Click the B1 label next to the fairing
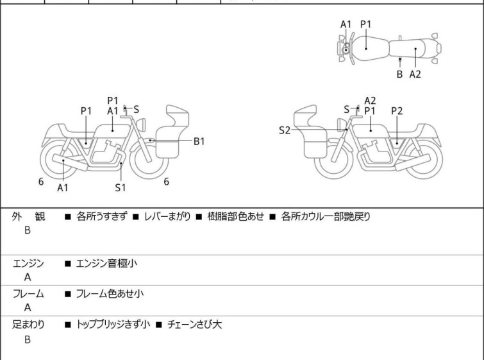click(x=199, y=141)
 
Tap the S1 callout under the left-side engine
click(x=121, y=188)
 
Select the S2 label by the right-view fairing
click(x=285, y=130)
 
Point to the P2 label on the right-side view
click(x=397, y=111)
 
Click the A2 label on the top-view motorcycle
click(x=415, y=74)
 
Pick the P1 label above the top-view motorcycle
click(x=365, y=24)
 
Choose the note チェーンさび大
click(x=194, y=325)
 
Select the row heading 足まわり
click(x=29, y=325)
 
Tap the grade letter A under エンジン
click(x=28, y=277)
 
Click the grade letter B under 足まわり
click(x=28, y=339)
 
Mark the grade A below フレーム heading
click(x=28, y=308)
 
